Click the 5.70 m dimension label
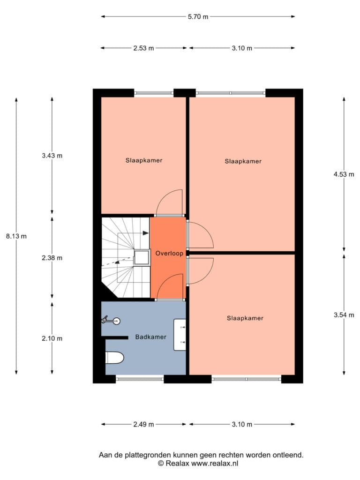tap(198, 16)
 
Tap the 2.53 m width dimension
tap(143, 48)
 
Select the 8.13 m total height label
tap(16, 236)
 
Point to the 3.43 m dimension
tap(52, 156)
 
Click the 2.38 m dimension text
tap(52, 258)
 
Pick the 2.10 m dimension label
tap(52, 338)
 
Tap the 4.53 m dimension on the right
tap(344, 174)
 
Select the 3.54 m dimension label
tap(344, 315)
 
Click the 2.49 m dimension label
tap(143, 424)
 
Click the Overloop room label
tap(169, 253)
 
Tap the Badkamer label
tap(150, 337)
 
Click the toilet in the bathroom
tap(114, 358)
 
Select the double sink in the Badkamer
tap(180, 335)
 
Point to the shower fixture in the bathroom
tap(111, 321)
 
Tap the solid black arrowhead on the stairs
tap(146, 233)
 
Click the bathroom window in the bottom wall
tap(140, 379)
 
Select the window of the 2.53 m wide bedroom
tap(154, 93)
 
